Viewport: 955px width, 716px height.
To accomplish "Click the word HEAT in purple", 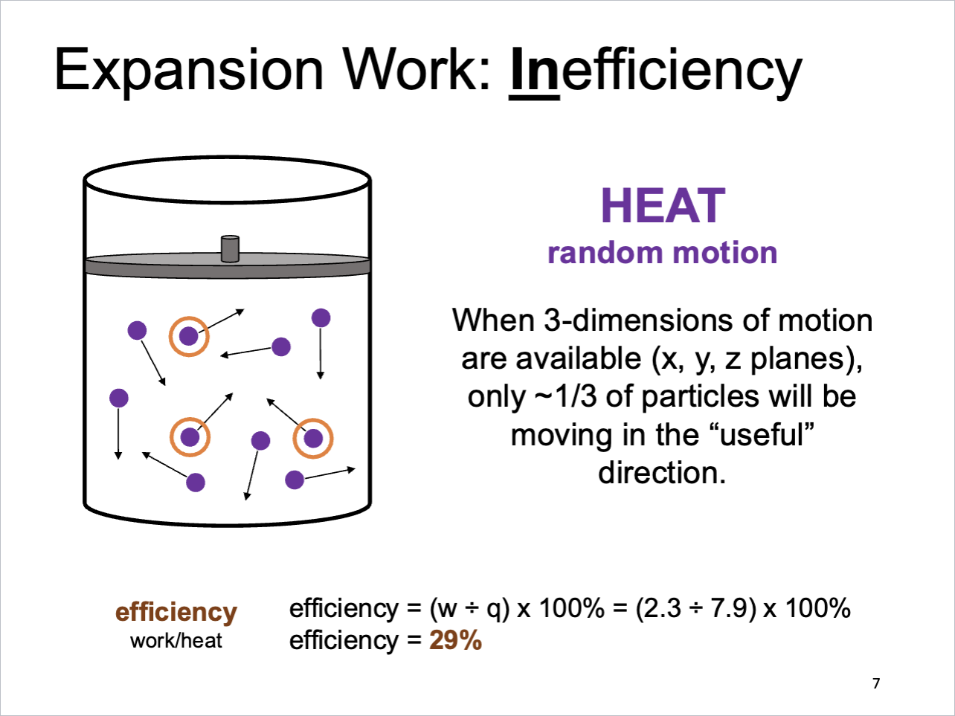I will tap(662, 206).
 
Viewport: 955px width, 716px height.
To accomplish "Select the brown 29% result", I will tap(455, 640).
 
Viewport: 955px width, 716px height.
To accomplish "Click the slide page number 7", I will tap(876, 683).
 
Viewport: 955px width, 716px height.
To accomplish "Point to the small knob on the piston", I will tap(230, 249).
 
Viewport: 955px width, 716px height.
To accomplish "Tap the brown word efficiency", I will tap(176, 612).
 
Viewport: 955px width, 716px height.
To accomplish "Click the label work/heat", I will tap(176, 641).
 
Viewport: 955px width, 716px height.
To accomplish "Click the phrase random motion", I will tap(662, 253).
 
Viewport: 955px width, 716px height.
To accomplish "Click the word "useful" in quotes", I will tap(767, 434).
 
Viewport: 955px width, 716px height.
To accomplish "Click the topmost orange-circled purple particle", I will tap(189, 337).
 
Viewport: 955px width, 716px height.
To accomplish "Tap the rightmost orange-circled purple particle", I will tap(313, 438).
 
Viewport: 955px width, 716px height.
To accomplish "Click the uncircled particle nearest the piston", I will tap(321, 318).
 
